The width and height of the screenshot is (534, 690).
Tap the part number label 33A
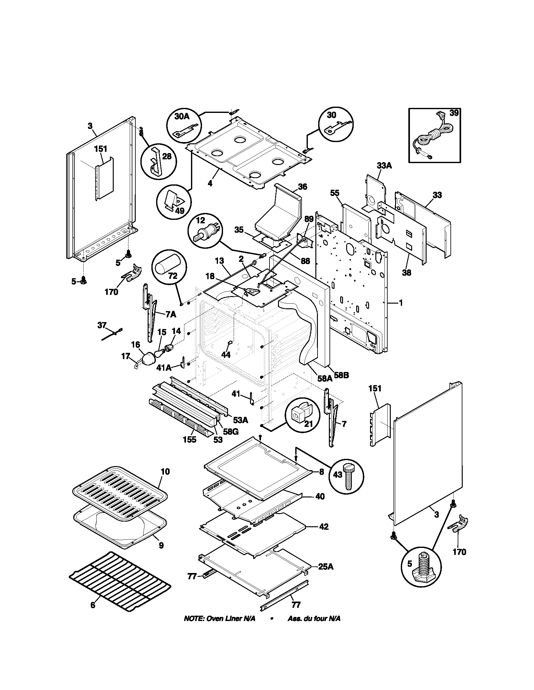click(384, 165)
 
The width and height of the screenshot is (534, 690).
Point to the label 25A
click(326, 567)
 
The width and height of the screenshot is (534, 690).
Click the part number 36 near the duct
click(302, 187)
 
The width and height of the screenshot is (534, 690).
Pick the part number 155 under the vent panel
click(189, 439)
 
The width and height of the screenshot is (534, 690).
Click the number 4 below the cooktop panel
click(210, 183)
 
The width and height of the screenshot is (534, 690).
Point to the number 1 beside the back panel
click(401, 303)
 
